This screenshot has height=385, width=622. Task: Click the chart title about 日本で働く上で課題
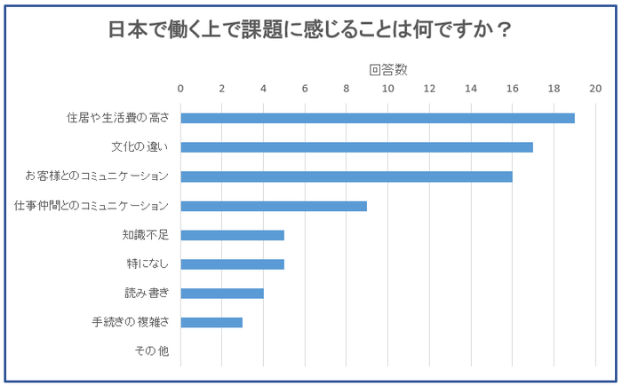pyautogui.click(x=310, y=29)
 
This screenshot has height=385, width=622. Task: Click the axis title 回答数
pyautogui.click(x=387, y=69)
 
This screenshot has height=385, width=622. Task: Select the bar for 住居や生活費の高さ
pyautogui.click(x=378, y=118)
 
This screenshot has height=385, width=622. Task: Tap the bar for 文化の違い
pyautogui.click(x=356, y=147)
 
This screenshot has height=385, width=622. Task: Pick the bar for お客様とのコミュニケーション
pyautogui.click(x=347, y=177)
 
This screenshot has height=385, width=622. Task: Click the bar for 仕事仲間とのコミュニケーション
pyautogui.click(x=274, y=206)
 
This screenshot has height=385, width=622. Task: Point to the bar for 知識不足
pyautogui.click(x=232, y=235)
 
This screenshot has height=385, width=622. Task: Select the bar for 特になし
pyautogui.click(x=232, y=263)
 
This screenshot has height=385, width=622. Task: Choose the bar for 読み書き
pyautogui.click(x=222, y=293)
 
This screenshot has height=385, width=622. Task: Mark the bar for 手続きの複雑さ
pyautogui.click(x=211, y=322)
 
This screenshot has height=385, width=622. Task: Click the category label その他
pyautogui.click(x=151, y=351)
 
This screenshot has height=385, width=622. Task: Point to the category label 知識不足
pyautogui.click(x=146, y=235)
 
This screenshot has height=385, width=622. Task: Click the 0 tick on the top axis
pyautogui.click(x=180, y=88)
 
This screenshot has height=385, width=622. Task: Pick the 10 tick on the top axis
pyautogui.click(x=387, y=88)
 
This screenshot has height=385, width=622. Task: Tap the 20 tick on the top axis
pyautogui.click(x=594, y=88)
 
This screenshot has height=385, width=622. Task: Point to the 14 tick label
pyautogui.click(x=470, y=88)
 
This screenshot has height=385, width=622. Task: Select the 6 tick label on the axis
pyautogui.click(x=305, y=88)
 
